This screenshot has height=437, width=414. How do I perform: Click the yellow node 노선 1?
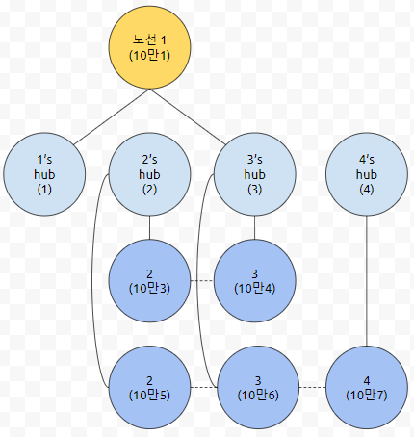(149, 47)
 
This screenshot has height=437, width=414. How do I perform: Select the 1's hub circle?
(44, 174)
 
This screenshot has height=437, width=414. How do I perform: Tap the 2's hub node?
(149, 174)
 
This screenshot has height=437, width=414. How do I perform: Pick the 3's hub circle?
(255, 174)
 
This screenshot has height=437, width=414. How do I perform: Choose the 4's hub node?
(367, 174)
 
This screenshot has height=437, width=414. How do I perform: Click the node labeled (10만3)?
(149, 281)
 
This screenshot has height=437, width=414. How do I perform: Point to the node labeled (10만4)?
(255, 281)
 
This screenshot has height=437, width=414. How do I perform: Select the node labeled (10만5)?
(149, 387)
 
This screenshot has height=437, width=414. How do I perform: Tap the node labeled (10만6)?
(258, 387)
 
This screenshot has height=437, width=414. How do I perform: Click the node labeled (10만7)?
(367, 387)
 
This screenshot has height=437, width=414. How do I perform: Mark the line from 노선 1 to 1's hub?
(112, 116)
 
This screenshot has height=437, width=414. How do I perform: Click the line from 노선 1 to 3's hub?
(188, 116)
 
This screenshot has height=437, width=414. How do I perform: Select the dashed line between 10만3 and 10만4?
(202, 281)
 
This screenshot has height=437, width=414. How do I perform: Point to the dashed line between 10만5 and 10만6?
(204, 387)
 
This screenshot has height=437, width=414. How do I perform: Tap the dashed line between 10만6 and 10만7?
(312, 387)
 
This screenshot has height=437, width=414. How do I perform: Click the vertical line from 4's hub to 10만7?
(367, 281)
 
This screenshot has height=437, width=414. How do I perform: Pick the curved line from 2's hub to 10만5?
(92, 281)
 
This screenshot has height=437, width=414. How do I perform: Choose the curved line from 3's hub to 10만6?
(197, 281)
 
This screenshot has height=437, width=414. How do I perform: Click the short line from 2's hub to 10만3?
(149, 227)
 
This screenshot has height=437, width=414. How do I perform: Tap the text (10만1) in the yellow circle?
(149, 55)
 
